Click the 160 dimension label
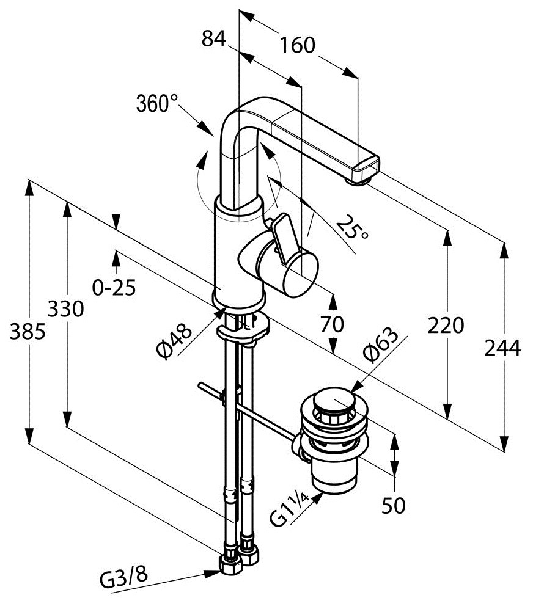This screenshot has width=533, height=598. tap(298, 45)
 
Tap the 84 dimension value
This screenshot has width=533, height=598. tap(214, 39)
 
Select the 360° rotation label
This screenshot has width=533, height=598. tap(157, 103)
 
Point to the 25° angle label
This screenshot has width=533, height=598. tap(353, 227)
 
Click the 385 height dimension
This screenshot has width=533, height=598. tap(28, 331)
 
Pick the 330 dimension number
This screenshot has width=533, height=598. tap(65, 308)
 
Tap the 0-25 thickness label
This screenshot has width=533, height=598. tap(114, 287)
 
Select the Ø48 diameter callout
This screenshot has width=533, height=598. tap(174, 340)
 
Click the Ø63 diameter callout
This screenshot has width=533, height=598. tap(380, 344)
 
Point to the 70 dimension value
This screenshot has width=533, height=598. tap(332, 324)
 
